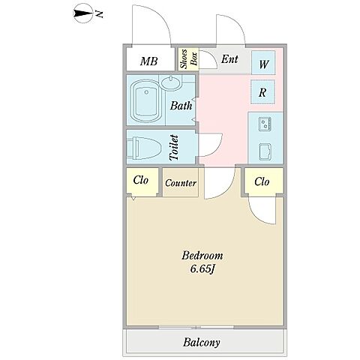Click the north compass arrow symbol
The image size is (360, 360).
[83, 14]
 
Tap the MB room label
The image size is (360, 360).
[149, 61]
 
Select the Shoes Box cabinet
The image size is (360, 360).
[189, 59]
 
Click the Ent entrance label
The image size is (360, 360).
[229, 59]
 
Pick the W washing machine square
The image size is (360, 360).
[263, 62]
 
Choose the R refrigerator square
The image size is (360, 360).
[263, 92]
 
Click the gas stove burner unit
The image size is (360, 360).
[265, 124]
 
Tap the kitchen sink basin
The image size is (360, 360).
[265, 151]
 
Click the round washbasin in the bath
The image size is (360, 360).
[172, 83]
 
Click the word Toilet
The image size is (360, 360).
[174, 148]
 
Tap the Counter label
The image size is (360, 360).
[181, 183]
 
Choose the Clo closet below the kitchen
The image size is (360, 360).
[263, 181]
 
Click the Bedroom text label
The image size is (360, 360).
[202, 256]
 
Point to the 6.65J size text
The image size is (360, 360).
[202, 269]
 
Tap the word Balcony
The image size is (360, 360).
[202, 342]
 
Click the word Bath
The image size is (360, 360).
[181, 106]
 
